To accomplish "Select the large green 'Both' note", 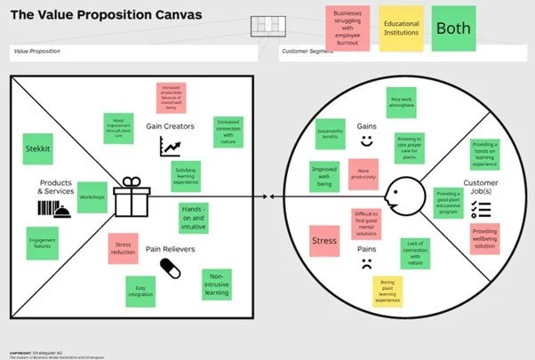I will click(x=452, y=28).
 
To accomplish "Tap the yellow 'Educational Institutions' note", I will click(x=401, y=28).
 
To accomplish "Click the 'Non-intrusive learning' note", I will click(x=217, y=284).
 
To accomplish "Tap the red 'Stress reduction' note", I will click(x=123, y=248).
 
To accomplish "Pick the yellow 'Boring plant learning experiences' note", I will click(x=387, y=291).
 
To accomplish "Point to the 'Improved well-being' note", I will click(x=324, y=175).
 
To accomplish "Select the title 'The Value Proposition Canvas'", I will click(x=107, y=15).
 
